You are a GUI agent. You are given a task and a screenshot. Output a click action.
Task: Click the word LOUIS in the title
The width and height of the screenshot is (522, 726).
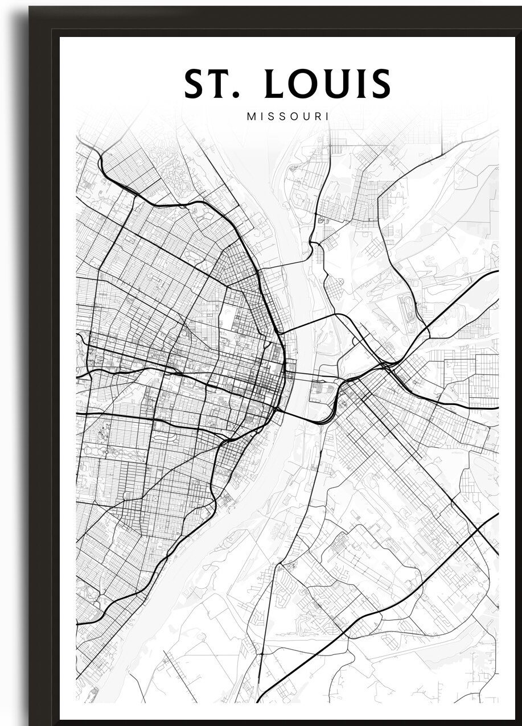coord(328,84)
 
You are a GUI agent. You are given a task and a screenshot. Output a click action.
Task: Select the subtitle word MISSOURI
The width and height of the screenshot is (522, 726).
coord(288,116)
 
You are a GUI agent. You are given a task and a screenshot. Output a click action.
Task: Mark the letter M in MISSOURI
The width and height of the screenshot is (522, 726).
coord(251,116)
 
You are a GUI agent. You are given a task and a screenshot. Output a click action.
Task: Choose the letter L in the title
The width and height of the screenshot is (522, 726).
coord(276,84)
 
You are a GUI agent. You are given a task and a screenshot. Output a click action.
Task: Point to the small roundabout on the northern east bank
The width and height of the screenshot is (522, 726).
coord(320,220)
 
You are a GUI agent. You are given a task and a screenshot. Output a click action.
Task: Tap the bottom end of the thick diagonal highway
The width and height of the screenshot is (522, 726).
coord(260,700)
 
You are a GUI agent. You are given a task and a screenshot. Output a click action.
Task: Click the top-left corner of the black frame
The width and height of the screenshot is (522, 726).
coord(32,9)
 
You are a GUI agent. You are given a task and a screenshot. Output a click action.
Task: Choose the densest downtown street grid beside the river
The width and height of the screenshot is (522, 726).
coord(268,381)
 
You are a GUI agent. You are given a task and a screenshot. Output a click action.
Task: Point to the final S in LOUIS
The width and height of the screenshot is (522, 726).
coord(381,84)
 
